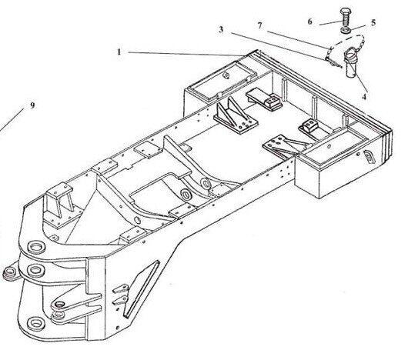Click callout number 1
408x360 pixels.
pyautogui.click(x=119, y=52)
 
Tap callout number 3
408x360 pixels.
pyautogui.click(x=221, y=30)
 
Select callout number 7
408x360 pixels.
pyautogui.click(x=259, y=25)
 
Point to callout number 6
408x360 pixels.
pyautogui.click(x=309, y=22)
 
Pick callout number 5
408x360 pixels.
pyautogui.click(x=373, y=22)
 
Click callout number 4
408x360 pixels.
pyautogui.click(x=364, y=97)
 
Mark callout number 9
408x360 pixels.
pyautogui.click(x=32, y=105)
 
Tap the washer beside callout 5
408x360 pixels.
pyautogui.click(x=346, y=30)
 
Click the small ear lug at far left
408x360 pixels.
pyautogui.click(x=11, y=273)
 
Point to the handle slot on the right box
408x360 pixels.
pyautogui.click(x=369, y=157)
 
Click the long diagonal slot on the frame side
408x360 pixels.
pyautogui.click(x=142, y=289)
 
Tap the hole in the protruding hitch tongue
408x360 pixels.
pyautogui.click(x=60, y=304)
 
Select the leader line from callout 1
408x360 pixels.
pyautogui.click(x=186, y=54)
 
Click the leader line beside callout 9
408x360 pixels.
pyautogui.click(x=12, y=119)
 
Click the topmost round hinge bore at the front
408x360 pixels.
pyautogui.click(x=35, y=247)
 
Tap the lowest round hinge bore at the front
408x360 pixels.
pyautogui.click(x=35, y=324)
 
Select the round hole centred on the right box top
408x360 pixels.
pyautogui.click(x=329, y=147)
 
